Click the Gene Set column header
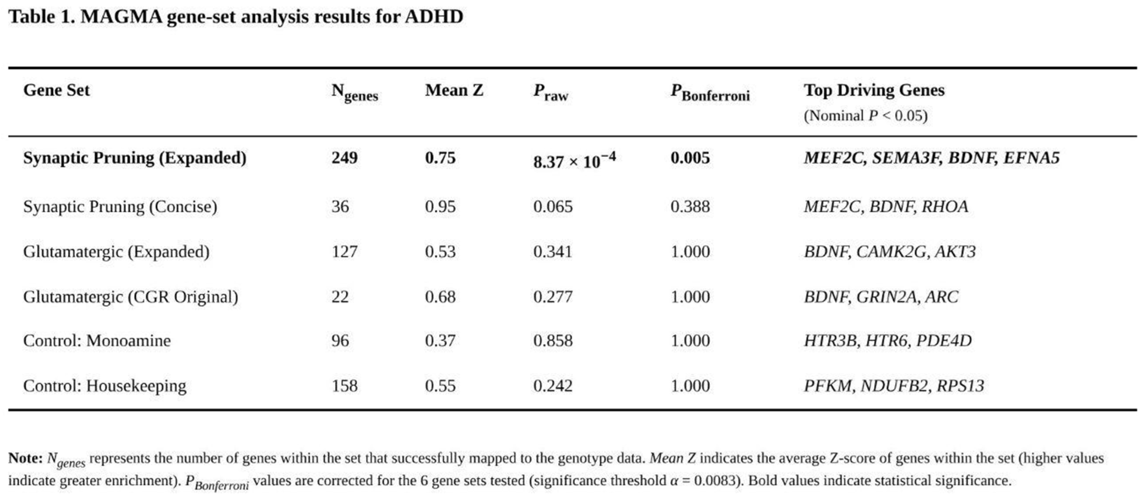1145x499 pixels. pyautogui.click(x=56, y=90)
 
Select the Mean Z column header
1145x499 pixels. pyautogui.click(x=454, y=90)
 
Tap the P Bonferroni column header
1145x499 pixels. pyautogui.click(x=710, y=92)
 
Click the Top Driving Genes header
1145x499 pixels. pyautogui.click(x=874, y=90)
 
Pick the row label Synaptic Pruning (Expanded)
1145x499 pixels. pyautogui.click(x=135, y=158)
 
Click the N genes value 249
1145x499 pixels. pyautogui.click(x=345, y=158)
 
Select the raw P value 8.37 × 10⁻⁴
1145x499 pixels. pyautogui.click(x=574, y=160)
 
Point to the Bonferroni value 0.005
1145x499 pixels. pyautogui.click(x=690, y=158)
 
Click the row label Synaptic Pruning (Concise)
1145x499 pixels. pyautogui.click(x=120, y=207)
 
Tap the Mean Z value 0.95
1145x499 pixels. pyautogui.click(x=440, y=207)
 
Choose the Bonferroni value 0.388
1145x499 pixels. pyautogui.click(x=690, y=207)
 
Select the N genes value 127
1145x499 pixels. pyautogui.click(x=345, y=252)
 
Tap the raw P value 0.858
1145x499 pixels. pyautogui.click(x=553, y=341)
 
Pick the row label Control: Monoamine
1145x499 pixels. pyautogui.click(x=97, y=341)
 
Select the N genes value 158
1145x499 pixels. pyautogui.click(x=345, y=385)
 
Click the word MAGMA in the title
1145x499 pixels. pyautogui.click(x=121, y=17)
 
